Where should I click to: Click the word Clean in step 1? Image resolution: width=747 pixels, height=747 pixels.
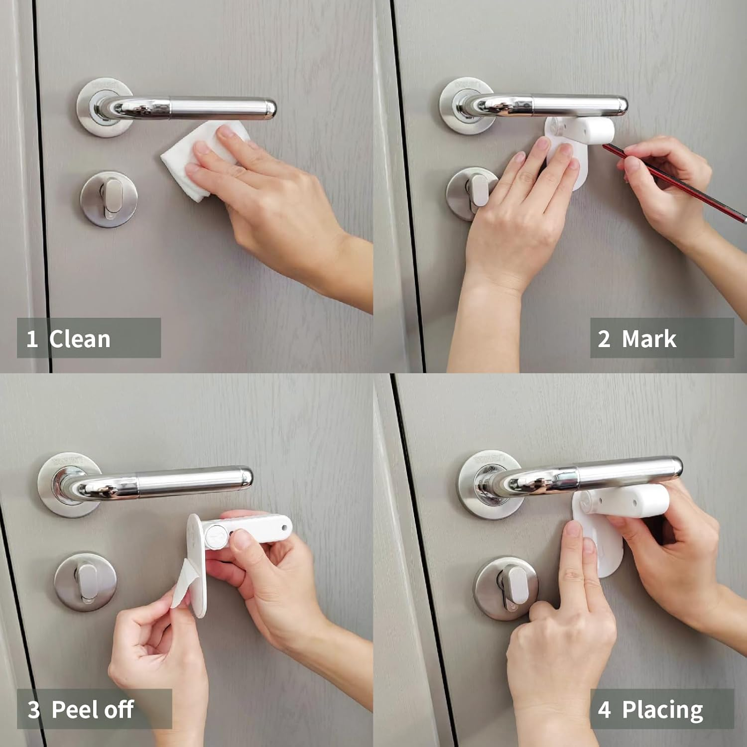(x=80, y=339)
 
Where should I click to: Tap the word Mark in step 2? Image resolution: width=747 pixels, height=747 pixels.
(x=648, y=339)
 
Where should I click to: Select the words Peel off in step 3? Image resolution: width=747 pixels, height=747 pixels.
(x=93, y=710)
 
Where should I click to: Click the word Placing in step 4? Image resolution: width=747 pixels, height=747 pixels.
(x=662, y=710)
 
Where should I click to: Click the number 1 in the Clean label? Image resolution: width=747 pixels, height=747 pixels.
(x=32, y=339)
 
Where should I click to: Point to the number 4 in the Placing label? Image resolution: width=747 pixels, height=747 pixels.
(x=604, y=710)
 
